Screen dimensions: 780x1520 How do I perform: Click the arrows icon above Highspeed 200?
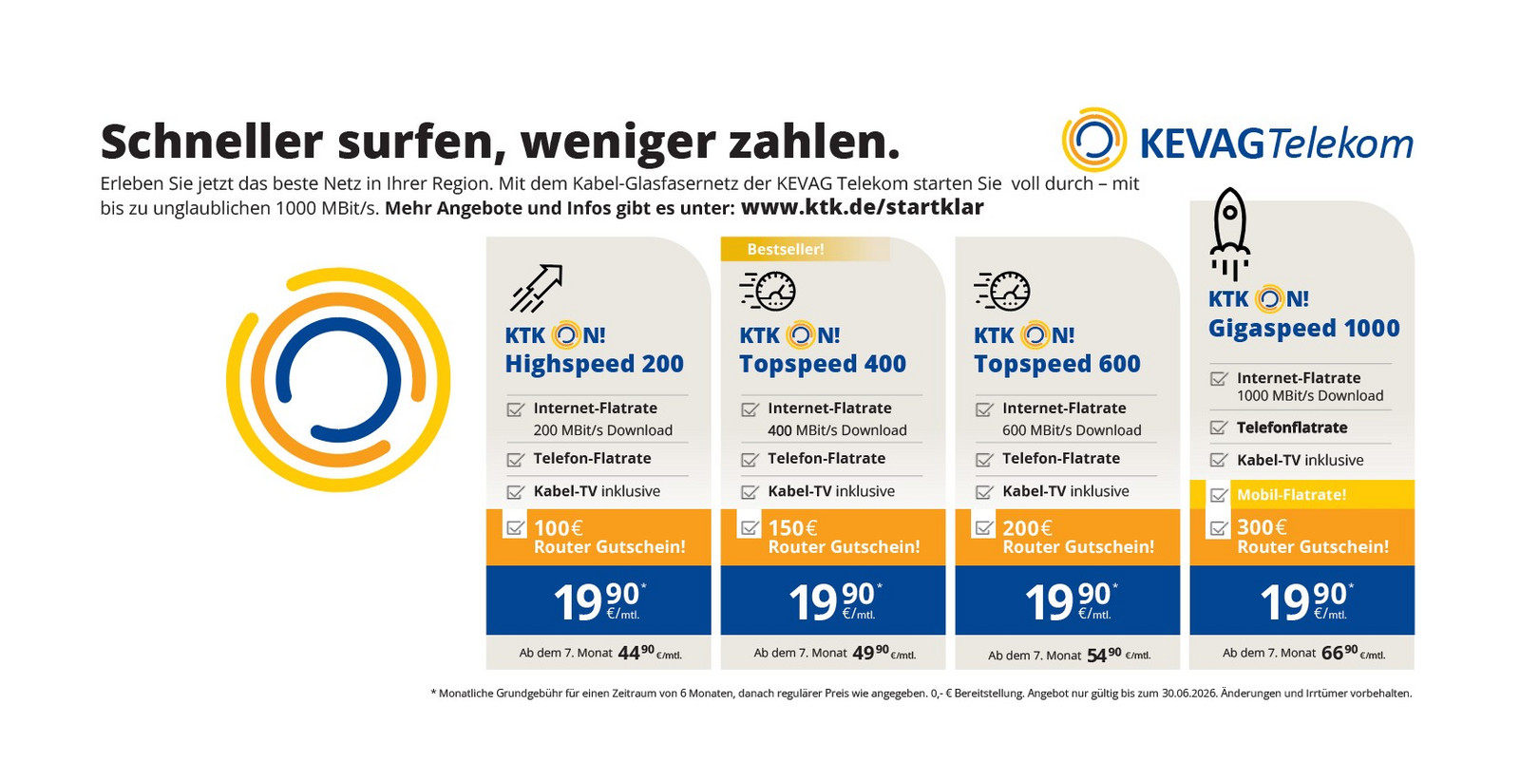[537, 288]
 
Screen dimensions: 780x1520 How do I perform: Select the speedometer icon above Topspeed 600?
[1002, 291]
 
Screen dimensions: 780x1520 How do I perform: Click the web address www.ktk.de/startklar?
[862, 207]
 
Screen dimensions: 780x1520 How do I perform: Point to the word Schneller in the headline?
[212, 142]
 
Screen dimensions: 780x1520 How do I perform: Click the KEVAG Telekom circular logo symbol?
[1093, 141]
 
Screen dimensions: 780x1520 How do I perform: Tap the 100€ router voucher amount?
[559, 528]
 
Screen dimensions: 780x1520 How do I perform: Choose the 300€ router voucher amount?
[1262, 527]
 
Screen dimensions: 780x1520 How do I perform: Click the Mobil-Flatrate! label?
[1291, 494]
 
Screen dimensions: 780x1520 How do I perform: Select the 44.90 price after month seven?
[636, 653]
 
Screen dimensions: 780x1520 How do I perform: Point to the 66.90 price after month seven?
[1339, 653]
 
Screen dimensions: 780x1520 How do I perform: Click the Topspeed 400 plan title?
[823, 364]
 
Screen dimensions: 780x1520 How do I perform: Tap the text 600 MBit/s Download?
[1072, 430]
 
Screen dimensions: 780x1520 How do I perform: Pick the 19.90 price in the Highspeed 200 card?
[597, 600]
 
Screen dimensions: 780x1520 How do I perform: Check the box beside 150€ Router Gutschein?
[750, 526]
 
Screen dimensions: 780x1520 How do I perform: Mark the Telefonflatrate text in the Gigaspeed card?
[1292, 428]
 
